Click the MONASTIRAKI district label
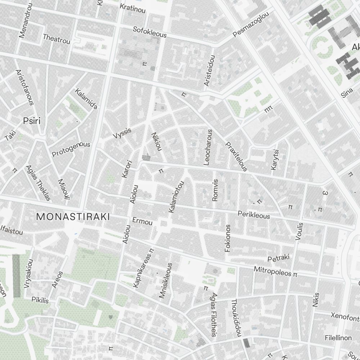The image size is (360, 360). (x=73, y=216)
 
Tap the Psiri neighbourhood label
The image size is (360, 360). (x=31, y=121)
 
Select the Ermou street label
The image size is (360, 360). (x=142, y=221)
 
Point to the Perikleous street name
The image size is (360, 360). (x=253, y=215)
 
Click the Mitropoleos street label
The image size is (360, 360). (x=272, y=271)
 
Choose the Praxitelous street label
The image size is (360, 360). (x=236, y=157)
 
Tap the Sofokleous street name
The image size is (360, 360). (x=150, y=32)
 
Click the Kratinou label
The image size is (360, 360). (x=132, y=8)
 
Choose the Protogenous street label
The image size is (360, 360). (x=71, y=149)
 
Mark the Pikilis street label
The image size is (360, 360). (x=40, y=300)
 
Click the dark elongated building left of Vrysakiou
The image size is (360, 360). (x=17, y=275)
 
